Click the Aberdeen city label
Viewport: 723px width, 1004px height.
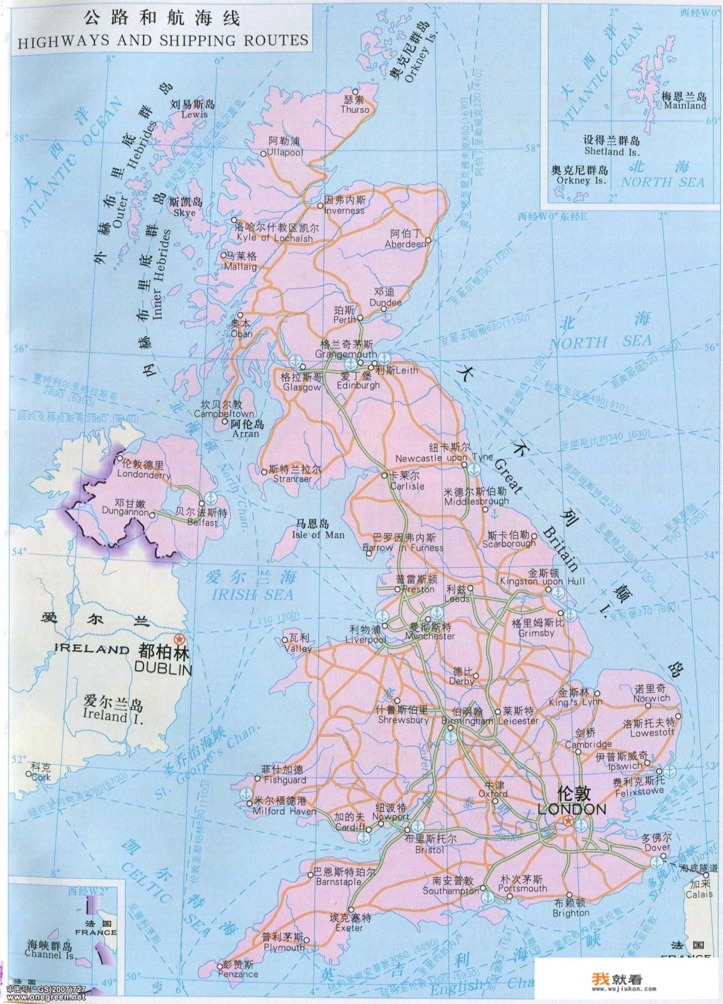405,244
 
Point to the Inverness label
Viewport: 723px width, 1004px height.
344,210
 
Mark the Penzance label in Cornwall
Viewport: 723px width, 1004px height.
238,973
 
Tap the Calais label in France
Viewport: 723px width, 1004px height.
698,894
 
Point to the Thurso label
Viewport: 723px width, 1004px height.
354,110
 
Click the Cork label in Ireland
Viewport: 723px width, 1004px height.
40,778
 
